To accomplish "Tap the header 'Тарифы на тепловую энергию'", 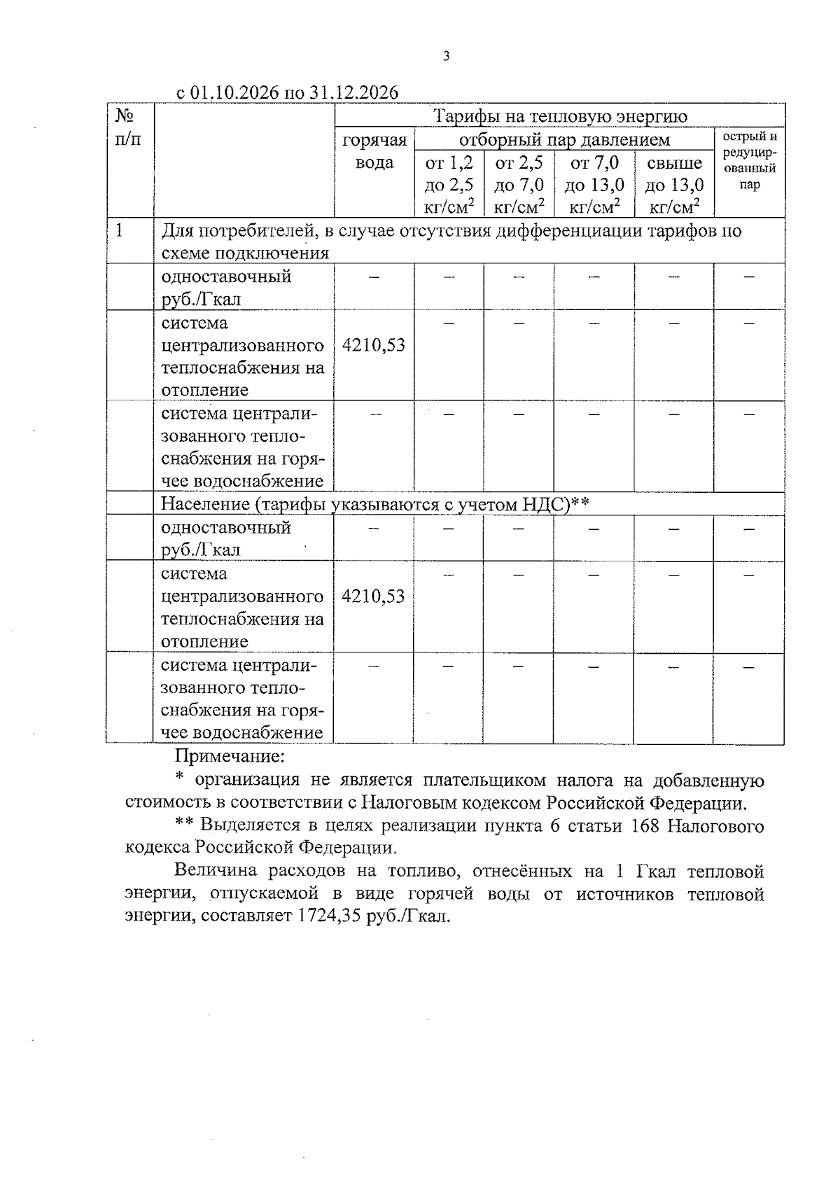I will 560,116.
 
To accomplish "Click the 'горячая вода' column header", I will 374,151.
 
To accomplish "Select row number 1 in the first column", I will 120,230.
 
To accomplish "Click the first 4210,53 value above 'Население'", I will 373,345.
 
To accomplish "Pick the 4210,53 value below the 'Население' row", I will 373,596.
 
